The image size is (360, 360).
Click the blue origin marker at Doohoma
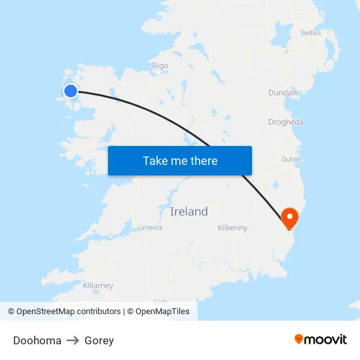(70, 90)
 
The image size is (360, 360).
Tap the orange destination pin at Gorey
(289, 217)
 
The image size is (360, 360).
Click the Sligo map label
(159, 65)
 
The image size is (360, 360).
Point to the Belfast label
(311, 33)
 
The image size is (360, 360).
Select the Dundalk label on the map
(283, 93)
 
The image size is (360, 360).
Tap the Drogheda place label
(285, 122)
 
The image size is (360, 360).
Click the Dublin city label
(291, 159)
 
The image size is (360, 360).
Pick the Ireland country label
(189, 211)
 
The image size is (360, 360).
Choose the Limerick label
(150, 228)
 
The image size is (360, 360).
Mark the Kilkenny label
(232, 228)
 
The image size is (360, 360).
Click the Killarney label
(98, 285)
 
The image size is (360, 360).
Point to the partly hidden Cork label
(160, 300)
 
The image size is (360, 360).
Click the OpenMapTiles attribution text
(162, 312)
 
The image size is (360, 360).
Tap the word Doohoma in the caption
(37, 340)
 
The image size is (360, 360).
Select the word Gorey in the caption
(99, 340)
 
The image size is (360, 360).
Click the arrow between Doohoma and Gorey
(73, 340)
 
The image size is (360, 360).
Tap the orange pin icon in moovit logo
(299, 340)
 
